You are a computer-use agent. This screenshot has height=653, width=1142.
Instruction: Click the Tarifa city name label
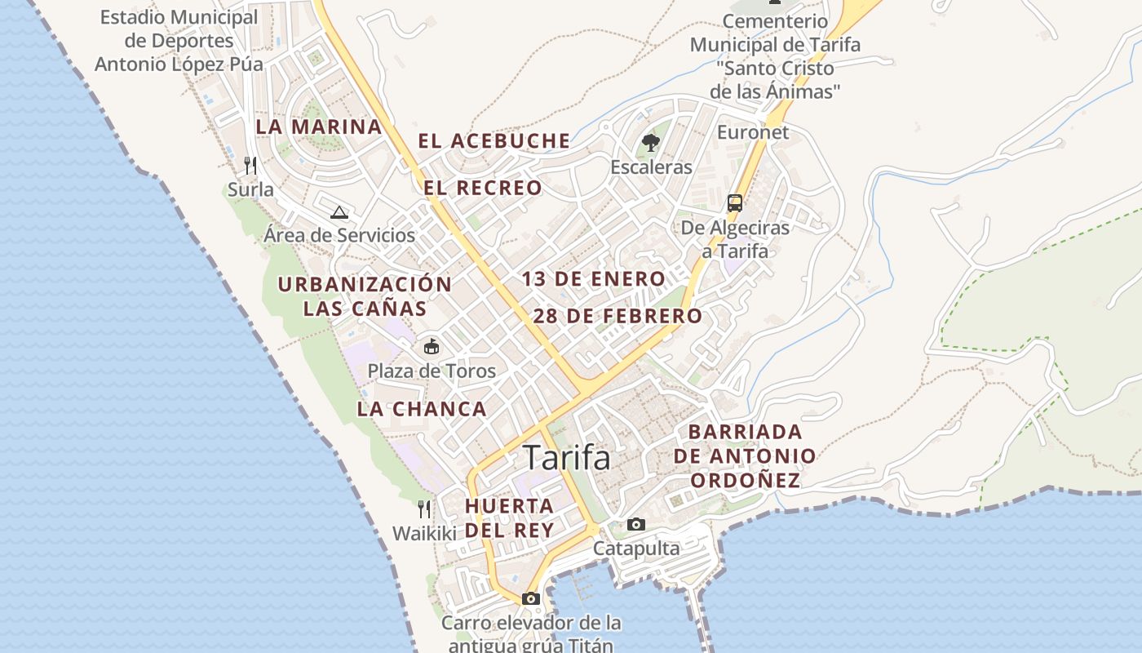(566, 458)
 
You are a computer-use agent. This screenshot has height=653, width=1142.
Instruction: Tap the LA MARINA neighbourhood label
(319, 127)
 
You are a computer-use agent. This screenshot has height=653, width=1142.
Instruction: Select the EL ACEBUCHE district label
(494, 141)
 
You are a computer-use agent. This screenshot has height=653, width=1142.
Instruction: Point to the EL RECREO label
(482, 188)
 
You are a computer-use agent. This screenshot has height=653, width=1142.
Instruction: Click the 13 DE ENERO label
(594, 279)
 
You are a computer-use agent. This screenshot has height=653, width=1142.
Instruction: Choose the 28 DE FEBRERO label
(617, 316)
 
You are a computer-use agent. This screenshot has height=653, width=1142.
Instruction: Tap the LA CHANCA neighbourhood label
(422, 409)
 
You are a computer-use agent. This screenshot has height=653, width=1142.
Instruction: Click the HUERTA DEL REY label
(510, 518)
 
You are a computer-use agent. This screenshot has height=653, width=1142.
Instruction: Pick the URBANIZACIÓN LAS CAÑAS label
(365, 296)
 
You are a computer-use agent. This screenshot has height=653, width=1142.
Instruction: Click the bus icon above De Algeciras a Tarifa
(735, 202)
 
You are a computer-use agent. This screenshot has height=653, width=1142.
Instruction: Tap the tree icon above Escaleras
(650, 144)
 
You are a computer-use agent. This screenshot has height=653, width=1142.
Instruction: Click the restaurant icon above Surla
(250, 166)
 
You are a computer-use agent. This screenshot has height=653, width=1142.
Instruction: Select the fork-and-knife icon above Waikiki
(424, 509)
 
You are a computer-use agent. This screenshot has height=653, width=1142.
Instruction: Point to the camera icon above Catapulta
(636, 524)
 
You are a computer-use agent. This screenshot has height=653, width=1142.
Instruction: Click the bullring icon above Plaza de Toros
(431, 347)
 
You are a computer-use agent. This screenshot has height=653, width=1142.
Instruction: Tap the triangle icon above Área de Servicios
(339, 213)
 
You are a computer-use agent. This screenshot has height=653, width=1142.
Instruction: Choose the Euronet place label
(753, 132)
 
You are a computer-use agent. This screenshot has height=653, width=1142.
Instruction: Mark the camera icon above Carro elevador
(531, 598)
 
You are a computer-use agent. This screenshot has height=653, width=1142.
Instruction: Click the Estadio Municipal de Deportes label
(179, 41)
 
